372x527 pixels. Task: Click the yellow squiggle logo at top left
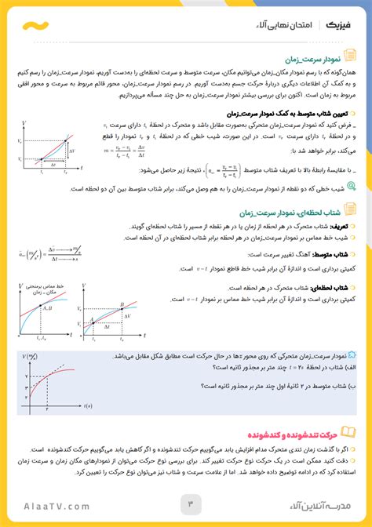(x=34, y=25)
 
